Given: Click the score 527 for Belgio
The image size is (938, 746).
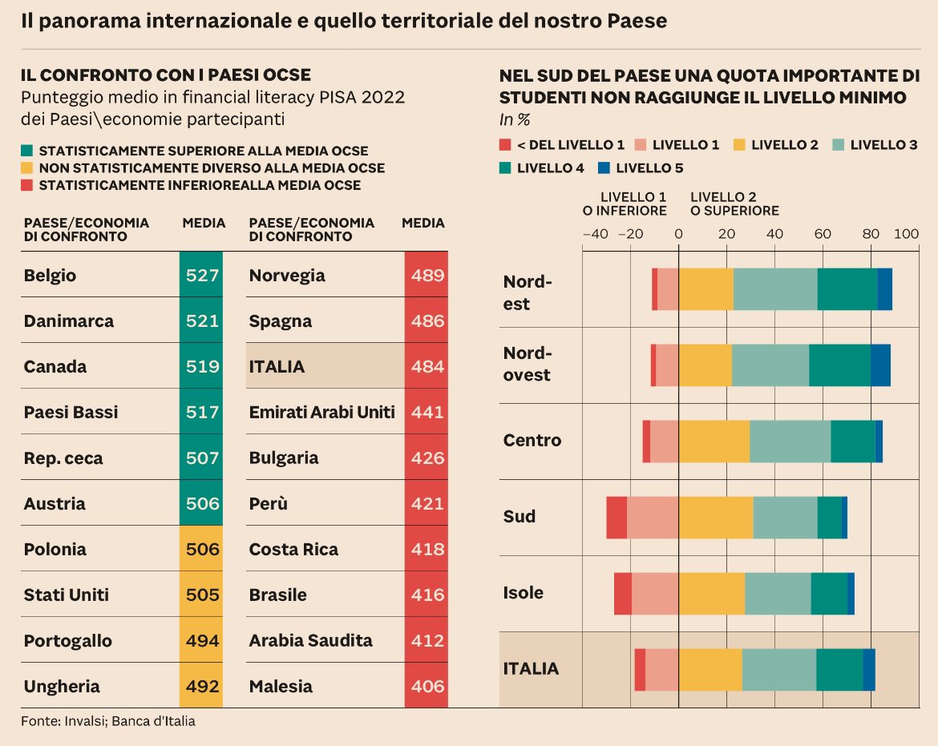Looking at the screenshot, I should [x=201, y=276].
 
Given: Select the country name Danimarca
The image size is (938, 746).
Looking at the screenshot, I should [x=69, y=321].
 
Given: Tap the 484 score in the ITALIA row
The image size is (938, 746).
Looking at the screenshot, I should [x=427, y=367].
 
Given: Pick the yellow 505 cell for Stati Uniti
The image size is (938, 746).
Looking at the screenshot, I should [x=201, y=595].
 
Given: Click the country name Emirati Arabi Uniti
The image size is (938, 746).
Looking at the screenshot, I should [x=321, y=413].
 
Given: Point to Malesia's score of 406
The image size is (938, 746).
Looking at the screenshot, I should [x=427, y=687].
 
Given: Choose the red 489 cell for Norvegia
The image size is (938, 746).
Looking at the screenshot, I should [x=427, y=276].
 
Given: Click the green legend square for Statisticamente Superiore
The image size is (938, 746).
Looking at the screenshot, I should [x=27, y=151].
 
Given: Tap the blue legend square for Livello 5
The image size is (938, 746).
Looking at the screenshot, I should [x=604, y=168].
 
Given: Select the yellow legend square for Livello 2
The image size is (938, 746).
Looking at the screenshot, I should [x=738, y=145].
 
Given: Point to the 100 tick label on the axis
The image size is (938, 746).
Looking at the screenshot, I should [x=906, y=235].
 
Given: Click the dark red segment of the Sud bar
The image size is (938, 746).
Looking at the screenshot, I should [x=617, y=518].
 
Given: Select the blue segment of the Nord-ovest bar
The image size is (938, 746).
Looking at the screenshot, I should [x=880, y=365].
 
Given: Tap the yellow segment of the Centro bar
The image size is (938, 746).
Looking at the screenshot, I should [x=714, y=442].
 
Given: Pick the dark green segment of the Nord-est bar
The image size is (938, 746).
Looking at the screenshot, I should [x=847, y=289].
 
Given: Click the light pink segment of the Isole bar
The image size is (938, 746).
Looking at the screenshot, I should [x=655, y=594].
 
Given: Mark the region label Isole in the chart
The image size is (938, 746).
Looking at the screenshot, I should [x=523, y=594].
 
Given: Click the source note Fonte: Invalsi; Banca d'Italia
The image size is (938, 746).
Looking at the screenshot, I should [x=108, y=721].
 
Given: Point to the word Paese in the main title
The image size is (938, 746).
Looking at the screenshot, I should [x=640, y=21].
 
